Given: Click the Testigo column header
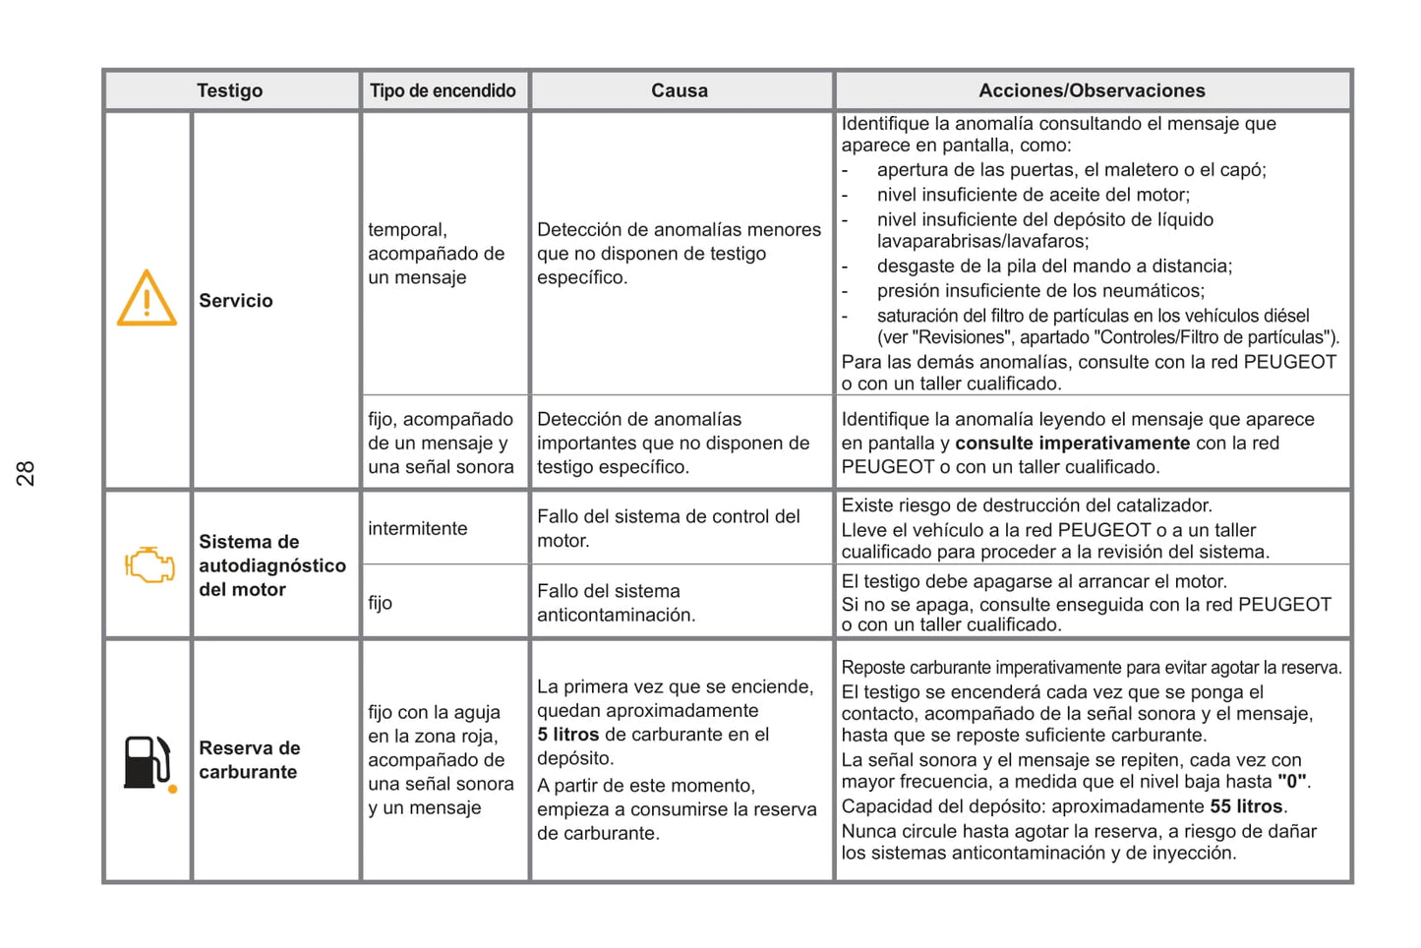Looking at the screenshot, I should coord(229,90).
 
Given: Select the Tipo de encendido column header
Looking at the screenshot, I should coord(443,90).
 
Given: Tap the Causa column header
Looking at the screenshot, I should coord(679,90).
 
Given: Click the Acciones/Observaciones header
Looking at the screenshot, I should coord(1091,90).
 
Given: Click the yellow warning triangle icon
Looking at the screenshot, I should coord(147,299).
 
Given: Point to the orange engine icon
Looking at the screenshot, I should coord(148,564).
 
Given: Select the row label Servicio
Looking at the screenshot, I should coord(236,301).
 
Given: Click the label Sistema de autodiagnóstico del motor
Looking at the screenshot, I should coord(271,565).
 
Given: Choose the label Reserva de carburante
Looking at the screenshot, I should coord(249,760).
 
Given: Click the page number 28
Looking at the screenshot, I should coord(26,473).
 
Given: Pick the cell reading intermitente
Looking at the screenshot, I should coord(417,529).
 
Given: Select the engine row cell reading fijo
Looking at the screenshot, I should coord(381,603).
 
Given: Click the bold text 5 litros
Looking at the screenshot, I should coord(567,735).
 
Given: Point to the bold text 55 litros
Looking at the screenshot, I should coord(1246,806).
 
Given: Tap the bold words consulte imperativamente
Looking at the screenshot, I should coord(1072,444).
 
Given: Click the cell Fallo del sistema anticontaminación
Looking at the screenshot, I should coord(616,603).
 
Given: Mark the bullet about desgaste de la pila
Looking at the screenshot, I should coord(1053,267).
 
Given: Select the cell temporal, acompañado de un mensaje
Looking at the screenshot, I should coord(436,254).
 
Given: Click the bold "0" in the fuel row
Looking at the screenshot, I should coord(1292,783).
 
